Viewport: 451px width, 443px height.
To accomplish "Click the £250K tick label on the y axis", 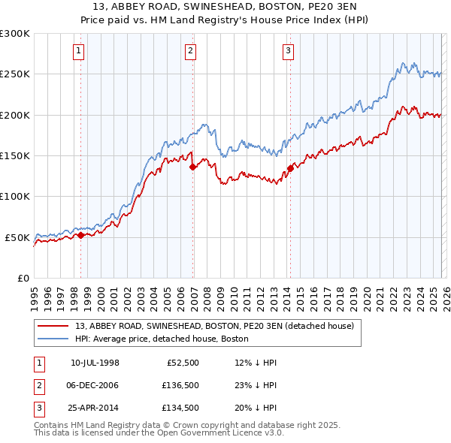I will [15, 74].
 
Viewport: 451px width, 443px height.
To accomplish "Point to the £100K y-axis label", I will [15, 197].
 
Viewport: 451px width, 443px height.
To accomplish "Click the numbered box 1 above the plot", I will [80, 51].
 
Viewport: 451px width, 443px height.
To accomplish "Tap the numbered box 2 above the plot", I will [191, 51].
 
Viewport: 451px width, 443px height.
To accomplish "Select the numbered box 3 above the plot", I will [288, 51].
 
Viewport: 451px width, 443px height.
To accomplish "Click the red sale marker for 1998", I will [81, 235].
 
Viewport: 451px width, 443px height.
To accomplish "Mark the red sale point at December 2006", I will [192, 167].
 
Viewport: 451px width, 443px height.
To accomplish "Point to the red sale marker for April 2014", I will [290, 168].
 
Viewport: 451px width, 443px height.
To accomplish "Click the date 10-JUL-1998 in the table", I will [95, 363].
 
